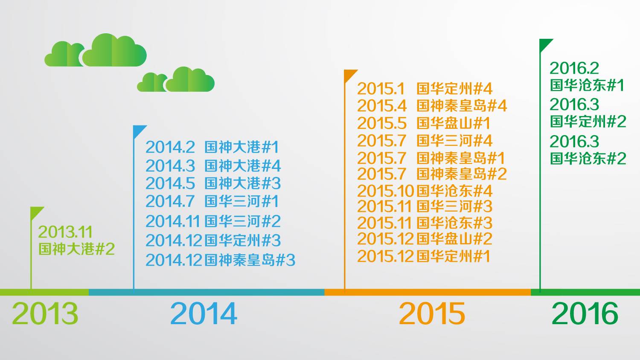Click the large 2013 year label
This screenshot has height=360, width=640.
point(45,314)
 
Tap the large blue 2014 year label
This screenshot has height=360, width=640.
point(204,314)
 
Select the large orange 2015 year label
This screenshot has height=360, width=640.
point(432,314)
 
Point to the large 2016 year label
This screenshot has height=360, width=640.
point(585,314)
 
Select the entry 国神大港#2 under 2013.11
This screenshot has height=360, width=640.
point(76,249)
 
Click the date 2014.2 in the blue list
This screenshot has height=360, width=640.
point(170,148)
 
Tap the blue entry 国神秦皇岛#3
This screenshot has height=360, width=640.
point(250,260)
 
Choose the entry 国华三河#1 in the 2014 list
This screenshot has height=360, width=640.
point(242,201)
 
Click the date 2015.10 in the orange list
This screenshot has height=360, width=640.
point(385,191)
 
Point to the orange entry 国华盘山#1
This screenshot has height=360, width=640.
point(454,123)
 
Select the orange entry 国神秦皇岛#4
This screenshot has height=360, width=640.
point(462,106)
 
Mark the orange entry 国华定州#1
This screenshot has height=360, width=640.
point(454,256)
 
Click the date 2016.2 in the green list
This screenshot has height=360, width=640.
point(574,68)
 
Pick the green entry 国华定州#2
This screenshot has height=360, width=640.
point(588,122)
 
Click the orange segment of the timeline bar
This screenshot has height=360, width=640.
point(428,292)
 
